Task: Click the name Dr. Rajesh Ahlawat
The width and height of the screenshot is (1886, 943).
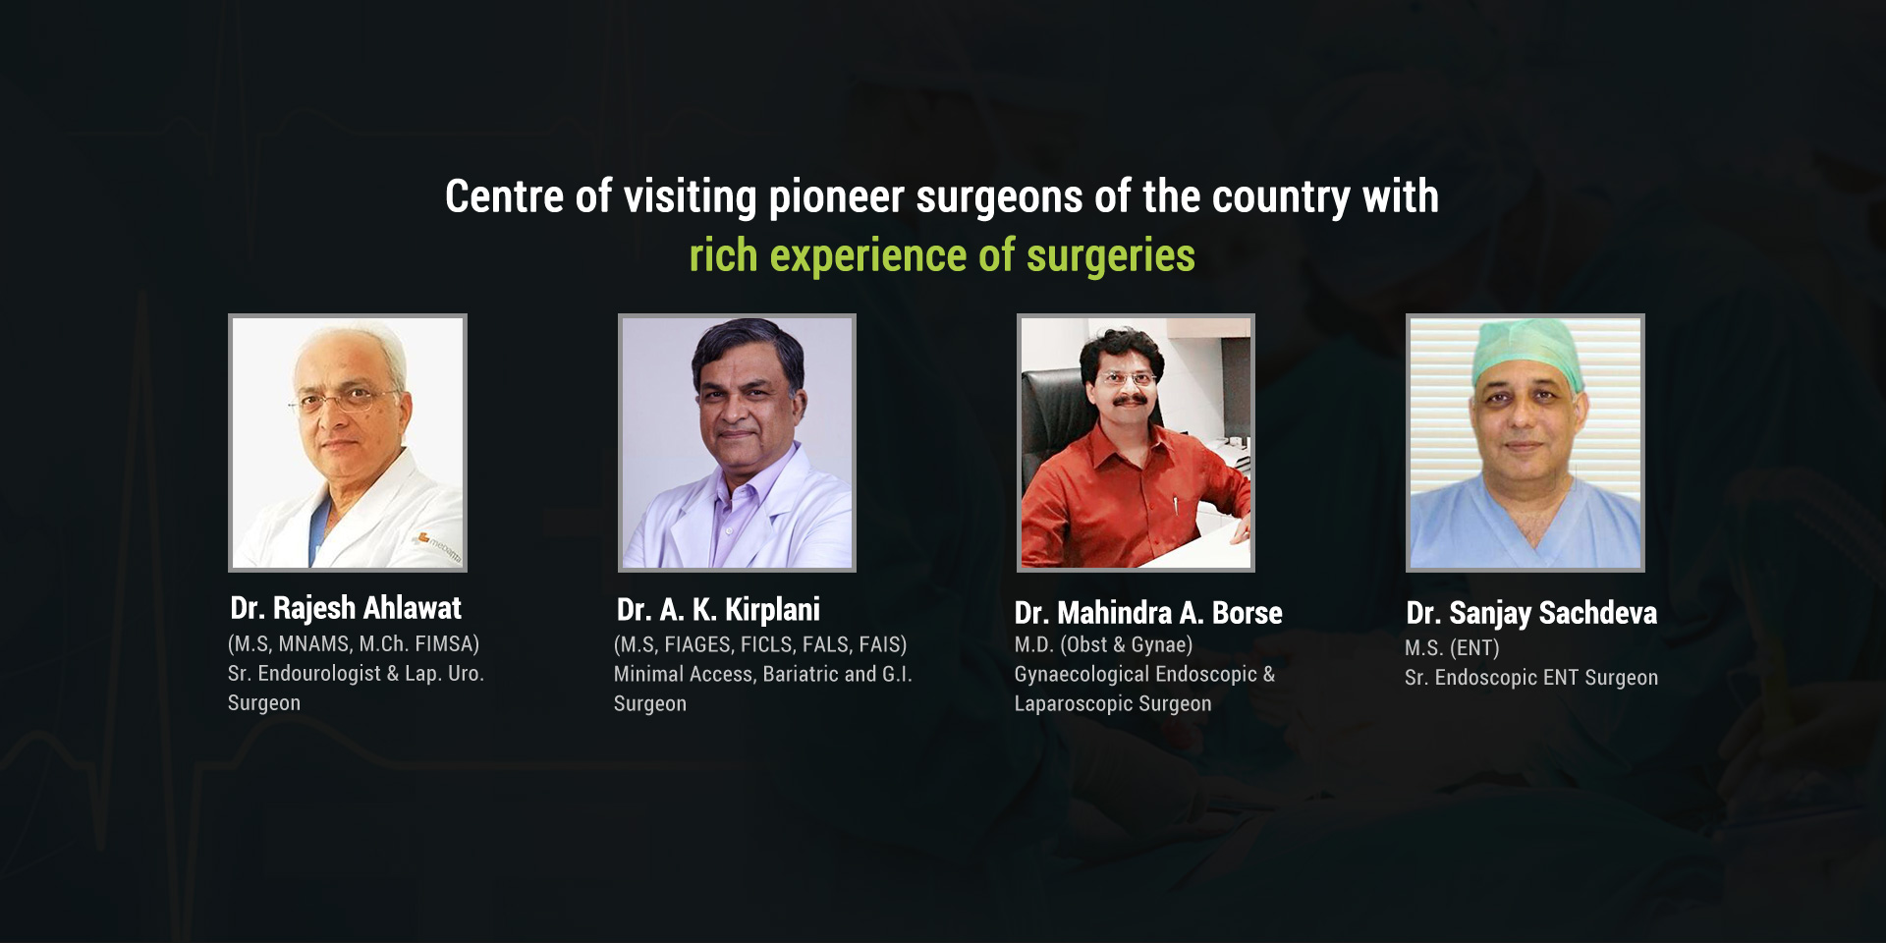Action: pyautogui.click(x=346, y=609)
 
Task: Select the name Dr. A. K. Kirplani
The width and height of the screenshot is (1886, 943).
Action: pyautogui.click(x=718, y=610)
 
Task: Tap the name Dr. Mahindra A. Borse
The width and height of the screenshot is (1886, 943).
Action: pyautogui.click(x=1148, y=613)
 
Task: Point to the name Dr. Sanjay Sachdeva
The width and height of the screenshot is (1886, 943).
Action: pyautogui.click(x=1531, y=614)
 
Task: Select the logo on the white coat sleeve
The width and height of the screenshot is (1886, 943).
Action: pyautogui.click(x=436, y=546)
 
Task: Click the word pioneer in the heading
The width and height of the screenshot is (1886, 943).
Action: pyautogui.click(x=836, y=196)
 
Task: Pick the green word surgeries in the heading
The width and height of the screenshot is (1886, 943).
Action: pyautogui.click(x=1111, y=257)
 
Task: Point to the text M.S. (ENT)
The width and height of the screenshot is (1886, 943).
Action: pyautogui.click(x=1452, y=648)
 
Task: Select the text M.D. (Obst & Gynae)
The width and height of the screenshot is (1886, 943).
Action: pyautogui.click(x=1103, y=645)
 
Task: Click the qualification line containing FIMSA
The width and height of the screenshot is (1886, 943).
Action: pyautogui.click(x=354, y=644)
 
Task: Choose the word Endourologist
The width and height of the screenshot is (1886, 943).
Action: pyautogui.click(x=319, y=674)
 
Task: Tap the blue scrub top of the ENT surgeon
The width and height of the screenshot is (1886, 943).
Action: pyautogui.click(x=1525, y=521)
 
